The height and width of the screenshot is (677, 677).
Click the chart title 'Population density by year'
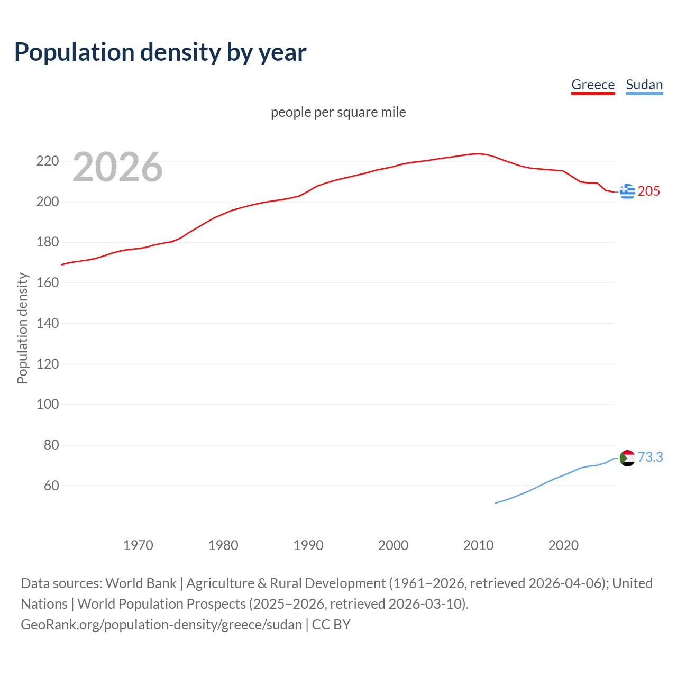click(x=160, y=52)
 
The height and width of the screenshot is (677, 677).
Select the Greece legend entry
click(x=592, y=85)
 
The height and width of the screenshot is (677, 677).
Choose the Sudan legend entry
click(x=644, y=85)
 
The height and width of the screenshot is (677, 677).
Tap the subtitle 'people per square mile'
click(x=338, y=112)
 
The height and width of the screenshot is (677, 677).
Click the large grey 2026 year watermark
click(x=117, y=167)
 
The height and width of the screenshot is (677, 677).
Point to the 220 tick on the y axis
click(x=47, y=161)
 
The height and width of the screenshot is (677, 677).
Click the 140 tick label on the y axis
click(x=47, y=323)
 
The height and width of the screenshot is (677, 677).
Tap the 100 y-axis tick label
click(x=47, y=405)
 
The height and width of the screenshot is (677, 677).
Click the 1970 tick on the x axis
click(x=138, y=545)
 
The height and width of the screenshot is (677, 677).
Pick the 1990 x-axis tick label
click(x=308, y=545)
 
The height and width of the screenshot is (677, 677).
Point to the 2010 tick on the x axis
click(x=478, y=545)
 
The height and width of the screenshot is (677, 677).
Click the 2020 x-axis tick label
click(x=563, y=545)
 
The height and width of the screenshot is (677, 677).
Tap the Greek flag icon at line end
click(x=627, y=191)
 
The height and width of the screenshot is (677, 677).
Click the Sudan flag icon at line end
click(x=627, y=458)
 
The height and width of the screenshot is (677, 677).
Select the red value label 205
click(x=648, y=191)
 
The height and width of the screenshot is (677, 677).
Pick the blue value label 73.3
click(x=650, y=457)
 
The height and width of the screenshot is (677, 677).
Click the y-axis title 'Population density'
click(x=22, y=328)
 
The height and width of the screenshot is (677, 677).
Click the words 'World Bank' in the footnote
click(x=141, y=583)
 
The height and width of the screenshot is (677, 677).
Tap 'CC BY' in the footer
click(x=331, y=624)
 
